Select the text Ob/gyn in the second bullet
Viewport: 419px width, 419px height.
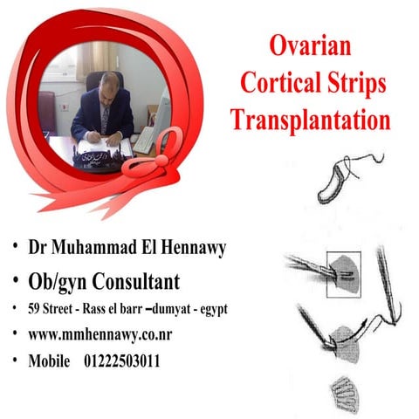tap(61, 281)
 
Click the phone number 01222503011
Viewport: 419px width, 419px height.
tap(128, 361)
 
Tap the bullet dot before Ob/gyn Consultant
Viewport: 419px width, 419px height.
tap(14, 280)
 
